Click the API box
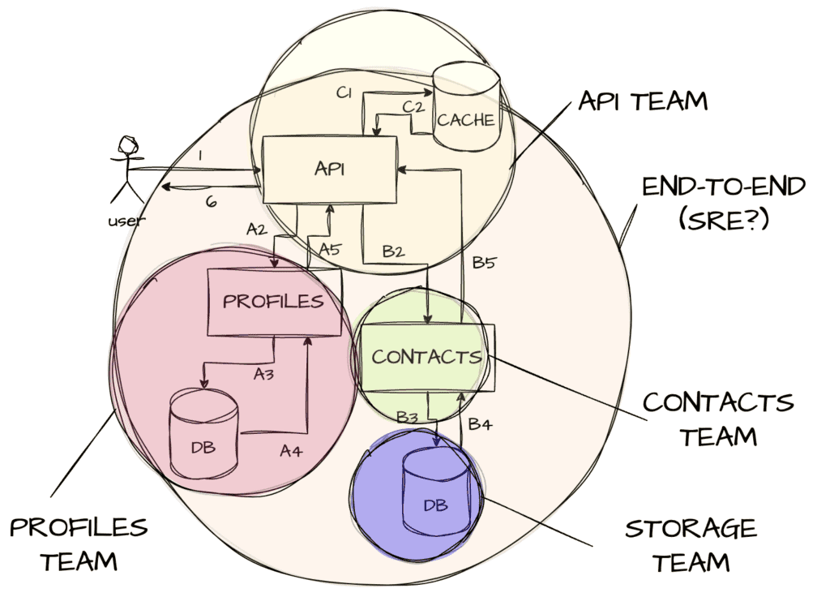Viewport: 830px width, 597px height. pyautogui.click(x=328, y=170)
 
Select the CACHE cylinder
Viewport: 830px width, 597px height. pyautogui.click(x=465, y=114)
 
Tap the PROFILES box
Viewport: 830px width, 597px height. pyautogui.click(x=273, y=302)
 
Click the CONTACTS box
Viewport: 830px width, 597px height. pyautogui.click(x=426, y=357)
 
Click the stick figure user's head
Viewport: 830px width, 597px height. pyautogui.click(x=126, y=147)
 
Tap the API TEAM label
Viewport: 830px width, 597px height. pyautogui.click(x=643, y=101)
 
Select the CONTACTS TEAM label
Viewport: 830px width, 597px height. pyautogui.click(x=717, y=419)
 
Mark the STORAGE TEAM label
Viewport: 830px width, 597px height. pyautogui.click(x=691, y=544)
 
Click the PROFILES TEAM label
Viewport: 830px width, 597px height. pyautogui.click(x=79, y=543)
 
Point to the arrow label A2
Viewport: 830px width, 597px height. pyautogui.click(x=256, y=230)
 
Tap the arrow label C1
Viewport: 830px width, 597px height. pyautogui.click(x=344, y=93)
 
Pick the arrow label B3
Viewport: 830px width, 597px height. pyautogui.click(x=407, y=416)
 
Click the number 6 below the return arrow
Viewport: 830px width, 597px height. pyautogui.click(x=211, y=202)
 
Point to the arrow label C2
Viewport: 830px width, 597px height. pyautogui.click(x=413, y=107)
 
